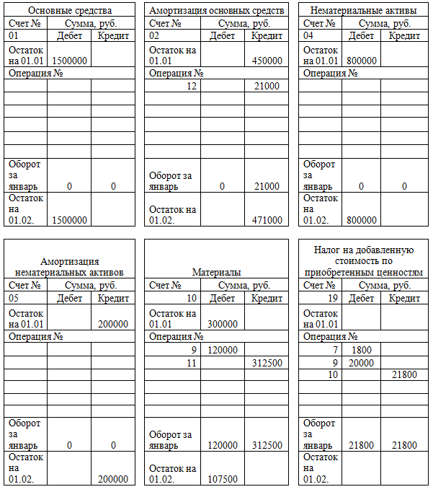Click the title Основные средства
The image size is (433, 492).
point(70,11)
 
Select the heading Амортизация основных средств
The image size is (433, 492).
point(216,11)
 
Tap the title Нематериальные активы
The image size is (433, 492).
point(363,11)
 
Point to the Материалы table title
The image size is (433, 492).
point(216,272)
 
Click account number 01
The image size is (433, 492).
point(14,35)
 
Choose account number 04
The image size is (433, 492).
point(309,35)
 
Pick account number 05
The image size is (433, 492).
point(14,297)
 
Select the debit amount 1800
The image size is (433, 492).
point(362,350)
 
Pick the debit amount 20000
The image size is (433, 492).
point(362,363)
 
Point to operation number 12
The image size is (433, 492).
point(191,86)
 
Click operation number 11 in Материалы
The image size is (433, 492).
point(191,363)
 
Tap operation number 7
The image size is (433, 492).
point(335,350)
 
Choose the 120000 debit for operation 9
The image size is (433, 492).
point(222,350)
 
